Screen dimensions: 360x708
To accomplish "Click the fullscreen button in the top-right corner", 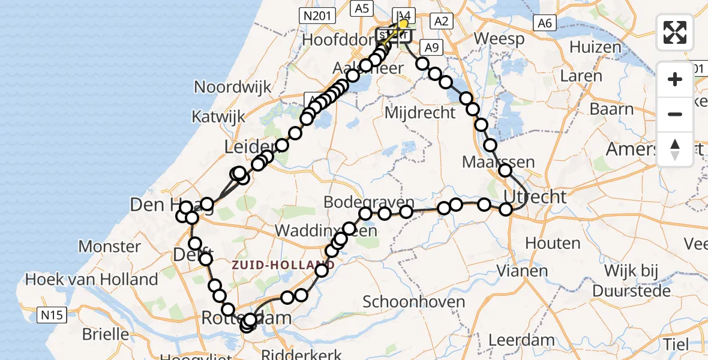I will [675, 32].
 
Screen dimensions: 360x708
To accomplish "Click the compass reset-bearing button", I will [675, 149].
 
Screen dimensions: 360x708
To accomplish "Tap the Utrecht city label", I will [535, 196].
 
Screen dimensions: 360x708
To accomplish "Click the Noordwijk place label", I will [233, 87].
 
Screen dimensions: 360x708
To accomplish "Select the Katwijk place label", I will [218, 116].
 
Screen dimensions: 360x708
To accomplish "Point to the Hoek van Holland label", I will [91, 279].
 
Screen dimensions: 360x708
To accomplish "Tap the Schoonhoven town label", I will [414, 301].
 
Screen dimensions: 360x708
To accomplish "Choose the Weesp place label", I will [499, 39].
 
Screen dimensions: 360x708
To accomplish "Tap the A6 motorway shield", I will [544, 23].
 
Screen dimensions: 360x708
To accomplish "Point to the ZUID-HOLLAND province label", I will [284, 264].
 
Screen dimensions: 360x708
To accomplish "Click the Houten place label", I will [553, 243].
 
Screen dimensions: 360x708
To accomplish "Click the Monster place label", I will [109, 245].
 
